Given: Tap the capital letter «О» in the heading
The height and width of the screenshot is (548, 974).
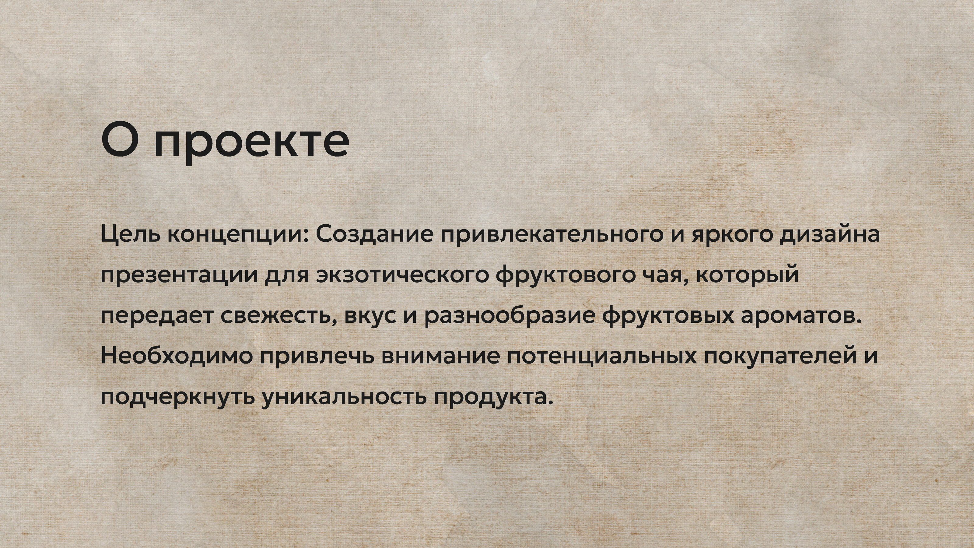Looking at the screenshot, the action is coord(119,139).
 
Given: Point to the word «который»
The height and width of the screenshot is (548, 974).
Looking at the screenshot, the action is coord(747,275).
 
